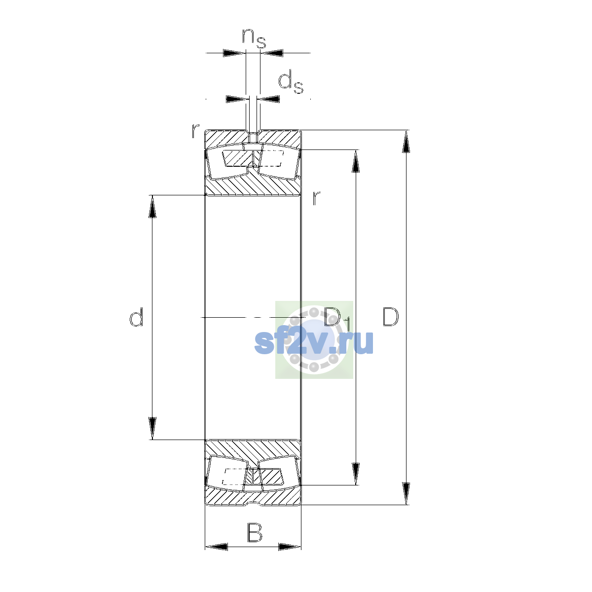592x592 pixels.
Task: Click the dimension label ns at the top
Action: (x=254, y=38)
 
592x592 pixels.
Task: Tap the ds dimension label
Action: (x=291, y=82)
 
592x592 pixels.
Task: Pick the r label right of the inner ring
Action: (x=316, y=198)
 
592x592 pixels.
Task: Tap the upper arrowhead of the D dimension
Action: (x=406, y=141)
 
